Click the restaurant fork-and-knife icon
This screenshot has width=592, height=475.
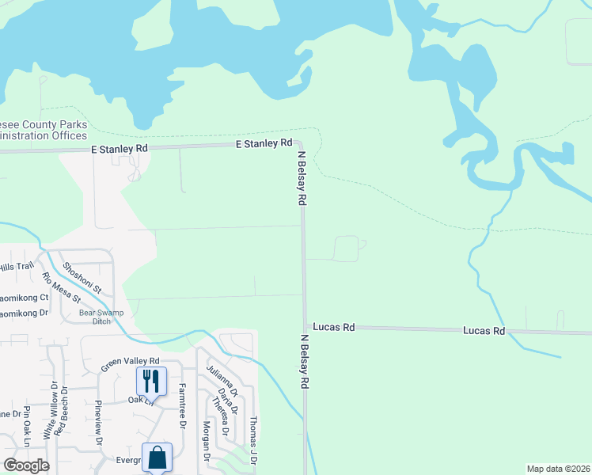(152, 381)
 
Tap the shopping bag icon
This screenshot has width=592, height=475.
(157, 457)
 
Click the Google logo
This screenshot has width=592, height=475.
(26, 465)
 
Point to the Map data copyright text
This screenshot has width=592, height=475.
(558, 469)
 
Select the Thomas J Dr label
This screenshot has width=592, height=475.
(253, 440)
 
